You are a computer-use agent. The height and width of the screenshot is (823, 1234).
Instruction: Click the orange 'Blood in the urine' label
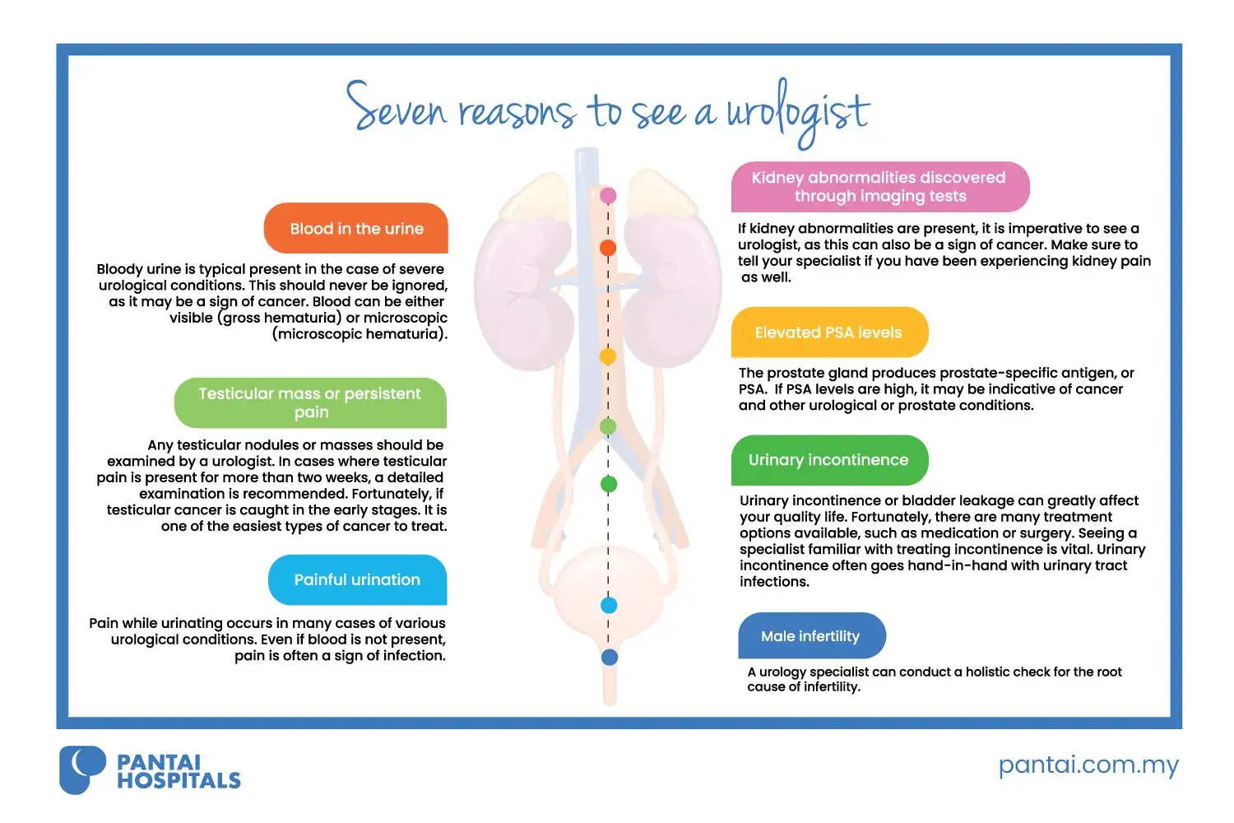pos(356,228)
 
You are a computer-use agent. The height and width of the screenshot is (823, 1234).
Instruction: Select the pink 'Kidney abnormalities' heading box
pos(880,187)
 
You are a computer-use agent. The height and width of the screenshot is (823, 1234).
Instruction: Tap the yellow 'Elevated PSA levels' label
pos(829,332)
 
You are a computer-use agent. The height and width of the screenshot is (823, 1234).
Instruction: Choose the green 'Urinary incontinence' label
pos(829,460)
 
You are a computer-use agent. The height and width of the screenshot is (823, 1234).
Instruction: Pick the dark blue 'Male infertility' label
pos(812,635)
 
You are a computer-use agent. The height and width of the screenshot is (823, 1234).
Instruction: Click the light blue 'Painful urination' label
pos(358,580)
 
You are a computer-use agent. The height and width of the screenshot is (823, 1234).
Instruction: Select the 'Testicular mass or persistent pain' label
pos(310,403)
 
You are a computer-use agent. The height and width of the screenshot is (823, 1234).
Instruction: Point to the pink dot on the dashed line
pos(608,196)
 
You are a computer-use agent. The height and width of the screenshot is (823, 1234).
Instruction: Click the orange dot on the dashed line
pos(608,248)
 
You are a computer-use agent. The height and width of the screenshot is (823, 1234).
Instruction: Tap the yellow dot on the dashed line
pos(608,356)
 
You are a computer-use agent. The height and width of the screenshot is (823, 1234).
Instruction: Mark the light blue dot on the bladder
pos(609,605)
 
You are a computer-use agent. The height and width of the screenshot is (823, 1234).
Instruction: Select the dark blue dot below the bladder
pos(610,657)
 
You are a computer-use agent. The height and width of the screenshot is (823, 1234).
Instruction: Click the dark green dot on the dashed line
pos(609,485)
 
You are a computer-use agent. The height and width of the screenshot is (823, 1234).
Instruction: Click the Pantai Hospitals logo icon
pos(82,770)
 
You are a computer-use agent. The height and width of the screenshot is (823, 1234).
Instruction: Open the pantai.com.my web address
pos(1088,765)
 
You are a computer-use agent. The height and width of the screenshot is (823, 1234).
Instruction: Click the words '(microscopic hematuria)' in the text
pos(360,334)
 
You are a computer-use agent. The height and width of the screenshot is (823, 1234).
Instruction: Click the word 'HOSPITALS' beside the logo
pos(179,780)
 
